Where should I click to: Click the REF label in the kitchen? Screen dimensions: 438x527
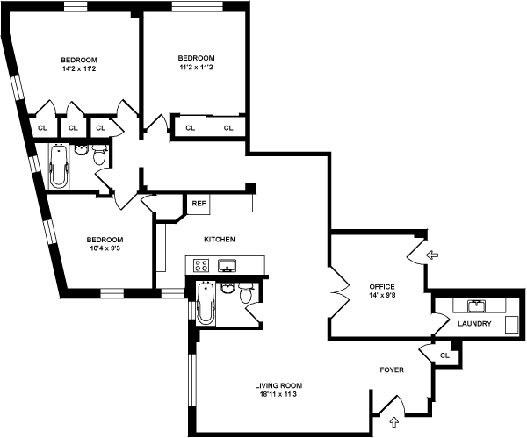[x=199, y=204]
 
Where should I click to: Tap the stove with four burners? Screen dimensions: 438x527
[x=199, y=265]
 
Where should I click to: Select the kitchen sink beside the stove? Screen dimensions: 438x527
[x=227, y=265]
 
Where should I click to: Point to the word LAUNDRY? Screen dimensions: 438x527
[x=474, y=324]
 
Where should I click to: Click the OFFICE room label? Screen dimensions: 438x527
[x=382, y=287]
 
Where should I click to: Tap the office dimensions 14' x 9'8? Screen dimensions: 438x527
[x=382, y=297]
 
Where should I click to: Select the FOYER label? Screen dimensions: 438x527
[x=392, y=370]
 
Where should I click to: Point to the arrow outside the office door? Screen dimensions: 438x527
[x=432, y=255]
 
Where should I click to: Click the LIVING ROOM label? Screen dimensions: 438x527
[x=278, y=385]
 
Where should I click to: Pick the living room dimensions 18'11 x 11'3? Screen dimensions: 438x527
[x=278, y=395]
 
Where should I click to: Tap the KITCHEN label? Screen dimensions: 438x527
[x=219, y=240]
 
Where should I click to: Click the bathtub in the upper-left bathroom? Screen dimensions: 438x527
[x=60, y=166]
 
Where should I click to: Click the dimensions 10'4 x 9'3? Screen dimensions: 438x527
[x=105, y=249]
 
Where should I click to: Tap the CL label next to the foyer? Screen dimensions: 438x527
[x=444, y=355]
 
